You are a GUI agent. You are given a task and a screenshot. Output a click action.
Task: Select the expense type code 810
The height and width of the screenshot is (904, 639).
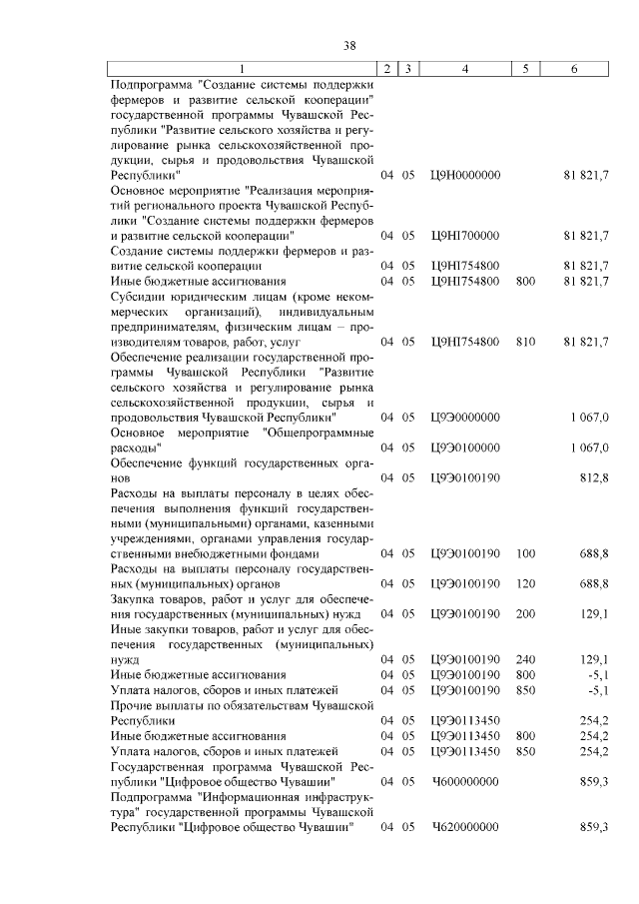pos(525,343)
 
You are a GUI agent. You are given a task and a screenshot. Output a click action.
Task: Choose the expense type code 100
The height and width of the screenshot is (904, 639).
pos(525,553)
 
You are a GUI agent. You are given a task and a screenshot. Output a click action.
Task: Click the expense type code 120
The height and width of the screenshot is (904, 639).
pos(525,582)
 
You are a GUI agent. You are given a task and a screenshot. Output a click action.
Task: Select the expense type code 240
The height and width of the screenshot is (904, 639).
pos(525,659)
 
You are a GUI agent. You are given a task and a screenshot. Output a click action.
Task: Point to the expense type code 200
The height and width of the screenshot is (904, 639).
pos(525,613)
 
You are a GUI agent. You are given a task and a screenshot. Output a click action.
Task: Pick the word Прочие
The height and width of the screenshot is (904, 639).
pos(134,705)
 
